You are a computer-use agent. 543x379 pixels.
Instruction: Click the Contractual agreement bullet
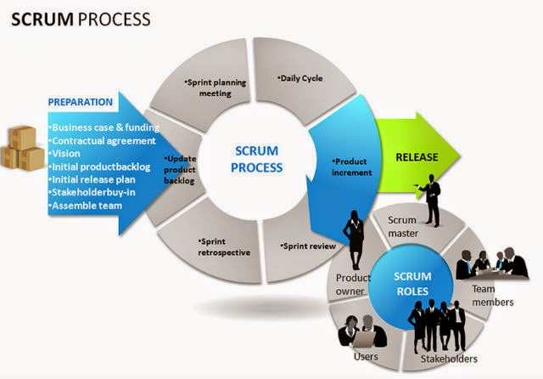[104, 140]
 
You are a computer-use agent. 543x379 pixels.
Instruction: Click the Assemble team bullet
[87, 206]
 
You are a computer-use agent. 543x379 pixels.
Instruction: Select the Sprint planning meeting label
[209, 88]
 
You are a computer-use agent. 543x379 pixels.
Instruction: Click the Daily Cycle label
[301, 78]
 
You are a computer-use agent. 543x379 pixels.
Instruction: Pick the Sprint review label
[307, 246]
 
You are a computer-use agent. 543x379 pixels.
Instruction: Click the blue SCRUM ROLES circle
[414, 284]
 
